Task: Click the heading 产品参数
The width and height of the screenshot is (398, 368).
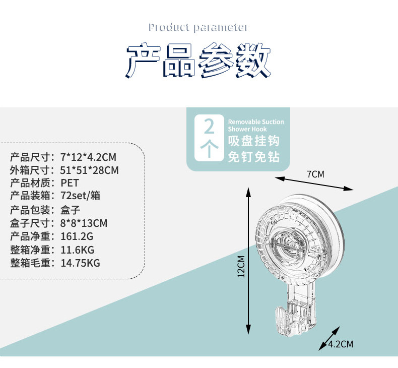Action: [x=198, y=62]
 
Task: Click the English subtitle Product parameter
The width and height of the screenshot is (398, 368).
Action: [x=198, y=27]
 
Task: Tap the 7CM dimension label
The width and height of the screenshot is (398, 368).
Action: [x=315, y=174]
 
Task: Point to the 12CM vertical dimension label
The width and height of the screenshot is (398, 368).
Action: [x=241, y=267]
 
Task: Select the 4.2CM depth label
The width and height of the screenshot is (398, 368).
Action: [x=341, y=344]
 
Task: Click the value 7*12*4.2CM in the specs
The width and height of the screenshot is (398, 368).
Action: [x=88, y=157]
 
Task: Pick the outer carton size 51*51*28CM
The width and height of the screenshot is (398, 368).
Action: [x=90, y=170]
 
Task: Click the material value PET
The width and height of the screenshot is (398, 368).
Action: [x=70, y=183]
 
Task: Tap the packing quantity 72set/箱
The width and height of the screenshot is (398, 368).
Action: [x=80, y=196]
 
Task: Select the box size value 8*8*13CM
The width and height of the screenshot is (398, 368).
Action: [x=84, y=223]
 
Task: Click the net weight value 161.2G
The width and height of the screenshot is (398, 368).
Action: [x=77, y=236]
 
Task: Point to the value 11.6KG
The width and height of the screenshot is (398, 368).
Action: [x=77, y=250]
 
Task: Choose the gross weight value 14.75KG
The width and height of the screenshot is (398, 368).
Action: [x=80, y=263]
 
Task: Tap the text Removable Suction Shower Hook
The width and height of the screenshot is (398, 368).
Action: [x=256, y=126]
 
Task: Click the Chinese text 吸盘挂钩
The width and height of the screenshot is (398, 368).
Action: [x=253, y=141]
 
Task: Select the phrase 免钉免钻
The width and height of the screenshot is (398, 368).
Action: [x=253, y=156]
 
